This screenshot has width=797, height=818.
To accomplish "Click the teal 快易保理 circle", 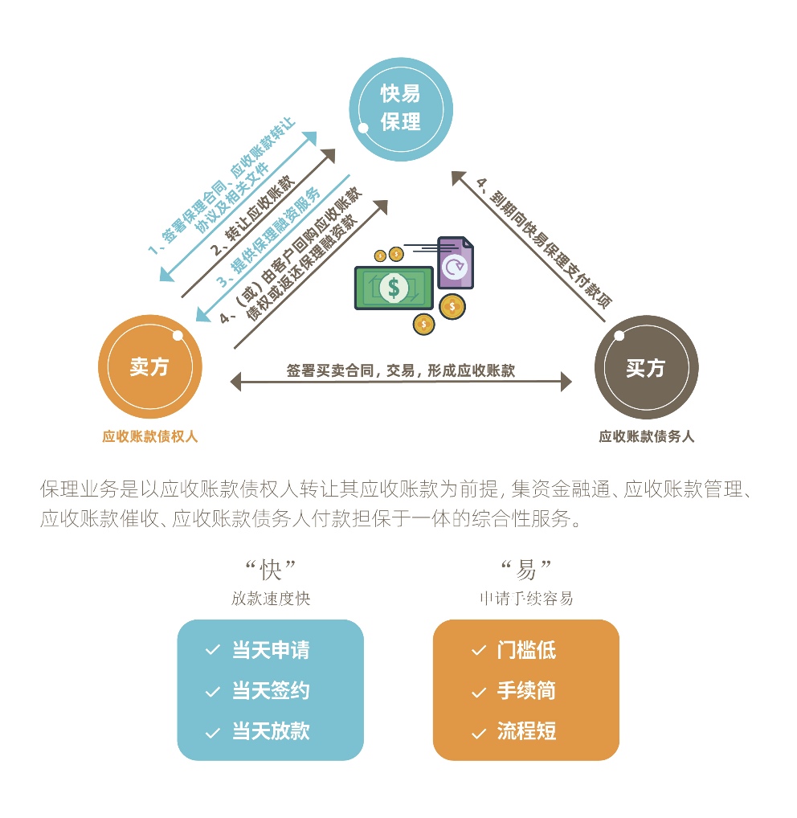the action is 401,109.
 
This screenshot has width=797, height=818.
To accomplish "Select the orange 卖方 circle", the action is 149,366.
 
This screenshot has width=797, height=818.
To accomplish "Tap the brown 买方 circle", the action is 646,367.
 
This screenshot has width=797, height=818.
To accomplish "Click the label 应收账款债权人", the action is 149,436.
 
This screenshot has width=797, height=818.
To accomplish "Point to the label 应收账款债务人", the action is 646,436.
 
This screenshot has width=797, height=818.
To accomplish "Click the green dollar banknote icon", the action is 394,288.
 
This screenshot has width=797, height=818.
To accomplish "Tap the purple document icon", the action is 456,263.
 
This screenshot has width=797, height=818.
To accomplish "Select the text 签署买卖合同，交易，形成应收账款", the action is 401,370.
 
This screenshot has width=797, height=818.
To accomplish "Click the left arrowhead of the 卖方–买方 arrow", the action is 235,382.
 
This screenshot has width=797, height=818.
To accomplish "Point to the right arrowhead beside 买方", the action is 566,382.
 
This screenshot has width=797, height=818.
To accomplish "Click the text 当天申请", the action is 271,650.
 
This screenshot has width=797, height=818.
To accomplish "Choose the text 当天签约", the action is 271,691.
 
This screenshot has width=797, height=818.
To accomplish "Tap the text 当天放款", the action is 271,731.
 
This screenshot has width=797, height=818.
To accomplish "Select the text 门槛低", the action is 526,650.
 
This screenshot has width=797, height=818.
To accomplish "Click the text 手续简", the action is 526,691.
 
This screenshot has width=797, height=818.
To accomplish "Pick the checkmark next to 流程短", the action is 479,734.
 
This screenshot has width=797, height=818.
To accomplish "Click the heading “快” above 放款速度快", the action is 271,569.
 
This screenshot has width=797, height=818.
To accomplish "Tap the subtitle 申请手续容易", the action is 526,599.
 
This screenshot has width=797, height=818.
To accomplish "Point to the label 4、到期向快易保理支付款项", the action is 544,243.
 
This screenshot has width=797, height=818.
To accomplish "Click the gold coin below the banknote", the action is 423,325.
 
